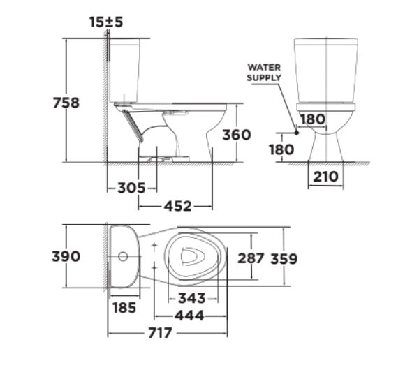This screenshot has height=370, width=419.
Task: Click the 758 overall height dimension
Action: coord(66,103)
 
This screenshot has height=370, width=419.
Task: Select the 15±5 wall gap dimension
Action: coord(106,22)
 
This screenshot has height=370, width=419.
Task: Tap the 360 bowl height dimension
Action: coord(237,134)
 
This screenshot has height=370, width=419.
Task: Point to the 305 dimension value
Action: coord(131,188)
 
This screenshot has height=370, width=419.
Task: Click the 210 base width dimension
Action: coord(325,177)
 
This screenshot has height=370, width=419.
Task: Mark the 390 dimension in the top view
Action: coord(66,256)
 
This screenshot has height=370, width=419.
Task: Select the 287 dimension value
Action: coord(251,258)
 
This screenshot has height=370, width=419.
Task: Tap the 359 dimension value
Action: coord(284,258)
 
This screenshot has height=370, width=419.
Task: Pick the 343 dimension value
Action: coord(191,298)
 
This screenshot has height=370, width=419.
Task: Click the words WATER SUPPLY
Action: coord(264,72)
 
